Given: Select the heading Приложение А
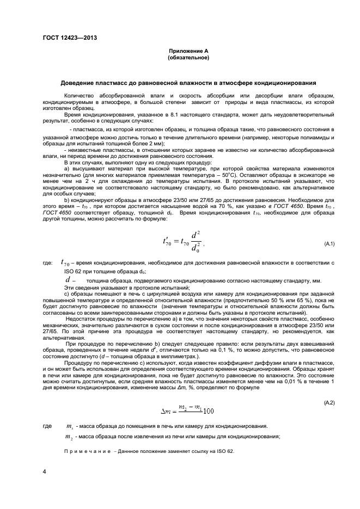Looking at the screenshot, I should pos(188,50).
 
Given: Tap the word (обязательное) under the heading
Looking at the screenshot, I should pos(188,56).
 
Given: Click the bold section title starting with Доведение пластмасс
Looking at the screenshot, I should pos(188,83).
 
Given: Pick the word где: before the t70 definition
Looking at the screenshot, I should pos(47,263).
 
